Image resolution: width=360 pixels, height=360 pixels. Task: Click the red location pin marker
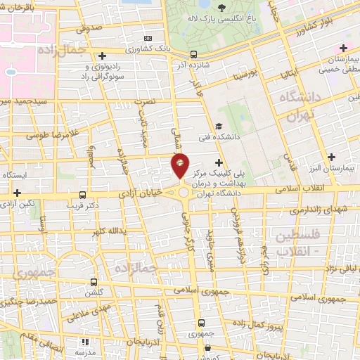[x=181, y=166]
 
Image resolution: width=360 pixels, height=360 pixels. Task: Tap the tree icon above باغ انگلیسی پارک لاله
[x=222, y=9]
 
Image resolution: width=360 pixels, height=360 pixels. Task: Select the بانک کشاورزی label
[x=169, y=47]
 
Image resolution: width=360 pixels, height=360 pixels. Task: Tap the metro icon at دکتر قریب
[x=84, y=195]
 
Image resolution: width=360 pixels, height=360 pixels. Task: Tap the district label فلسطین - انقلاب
[x=298, y=241]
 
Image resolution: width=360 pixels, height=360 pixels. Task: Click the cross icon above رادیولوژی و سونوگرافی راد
[x=103, y=55]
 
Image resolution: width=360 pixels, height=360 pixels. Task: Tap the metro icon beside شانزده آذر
[x=193, y=55]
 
